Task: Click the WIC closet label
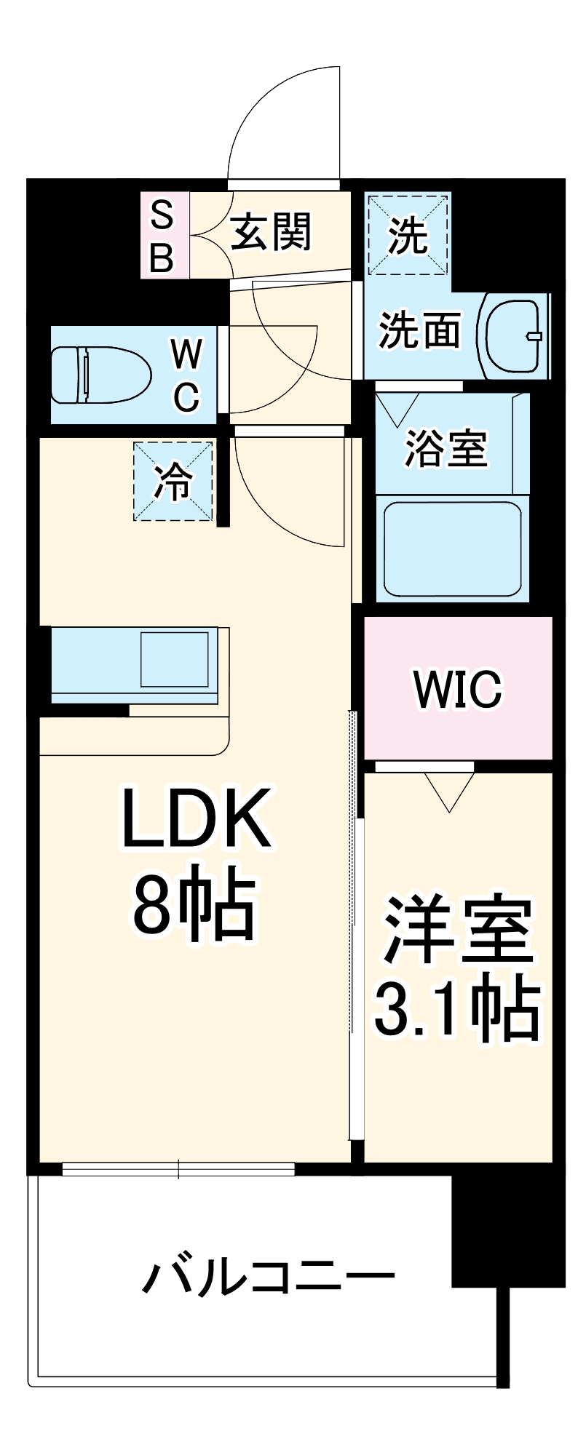[458, 687]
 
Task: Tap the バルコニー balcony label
[268, 1277]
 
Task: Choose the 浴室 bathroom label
[446, 447]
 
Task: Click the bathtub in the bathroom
[453, 547]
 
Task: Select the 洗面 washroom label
[419, 330]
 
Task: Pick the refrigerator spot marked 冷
[173, 481]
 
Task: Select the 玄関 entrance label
[271, 232]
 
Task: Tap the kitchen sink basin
[174, 659]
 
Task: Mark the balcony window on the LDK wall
[178, 1169]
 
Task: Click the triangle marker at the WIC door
[450, 790]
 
